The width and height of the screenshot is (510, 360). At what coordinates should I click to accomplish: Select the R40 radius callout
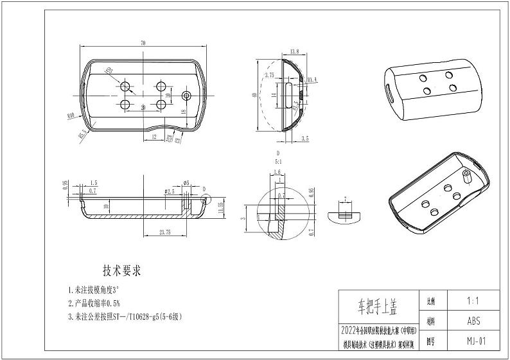(x=70, y=116)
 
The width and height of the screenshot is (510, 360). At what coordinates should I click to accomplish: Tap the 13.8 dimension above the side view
(x=295, y=51)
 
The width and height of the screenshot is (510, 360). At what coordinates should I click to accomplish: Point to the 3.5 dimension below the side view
(x=304, y=138)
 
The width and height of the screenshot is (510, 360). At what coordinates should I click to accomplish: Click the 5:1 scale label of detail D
(x=278, y=162)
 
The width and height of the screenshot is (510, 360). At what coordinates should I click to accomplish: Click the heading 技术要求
(x=122, y=270)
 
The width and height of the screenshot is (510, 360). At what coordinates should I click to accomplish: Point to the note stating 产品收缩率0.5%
(x=96, y=303)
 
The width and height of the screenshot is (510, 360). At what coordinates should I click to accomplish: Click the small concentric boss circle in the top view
(x=186, y=96)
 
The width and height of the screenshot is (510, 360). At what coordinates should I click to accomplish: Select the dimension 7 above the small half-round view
(x=344, y=200)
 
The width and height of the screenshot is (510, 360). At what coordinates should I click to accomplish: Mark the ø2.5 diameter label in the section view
(x=169, y=192)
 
